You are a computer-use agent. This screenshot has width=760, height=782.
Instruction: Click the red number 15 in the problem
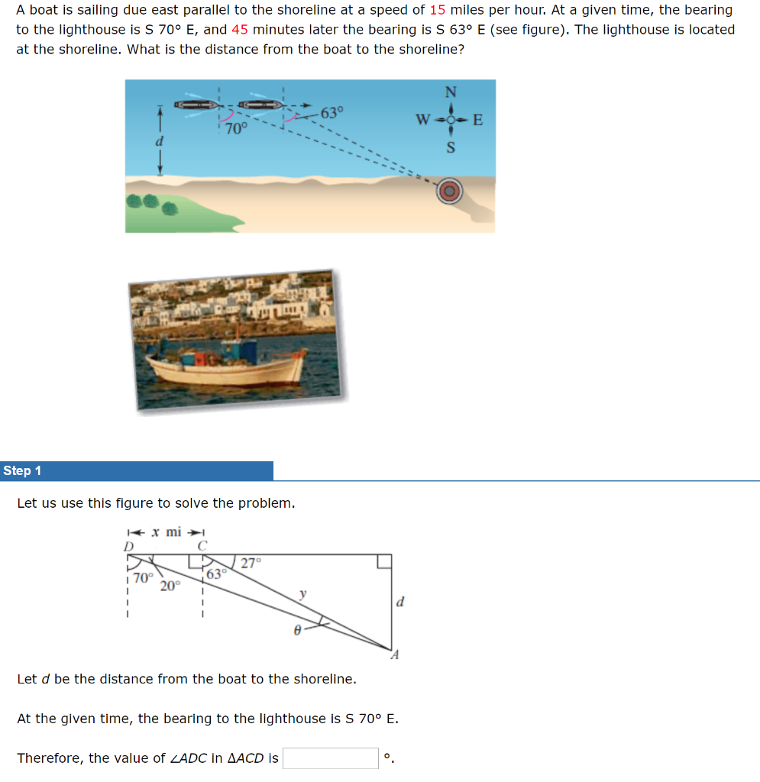tap(438, 10)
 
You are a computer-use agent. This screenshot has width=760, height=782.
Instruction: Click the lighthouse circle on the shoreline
tap(450, 191)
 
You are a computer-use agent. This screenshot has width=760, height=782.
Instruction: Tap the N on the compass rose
tap(451, 92)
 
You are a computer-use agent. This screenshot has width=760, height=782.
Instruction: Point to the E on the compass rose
tap(479, 120)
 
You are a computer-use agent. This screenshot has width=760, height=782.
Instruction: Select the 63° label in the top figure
tap(332, 113)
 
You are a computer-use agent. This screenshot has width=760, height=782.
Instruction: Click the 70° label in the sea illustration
tap(237, 129)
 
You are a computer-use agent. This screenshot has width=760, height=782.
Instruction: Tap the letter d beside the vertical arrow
tap(160, 142)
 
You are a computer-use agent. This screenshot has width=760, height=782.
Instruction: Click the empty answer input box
tap(331, 758)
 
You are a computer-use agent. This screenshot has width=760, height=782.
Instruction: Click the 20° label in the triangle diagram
tap(170, 586)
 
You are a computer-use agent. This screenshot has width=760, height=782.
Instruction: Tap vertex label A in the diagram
tap(395, 655)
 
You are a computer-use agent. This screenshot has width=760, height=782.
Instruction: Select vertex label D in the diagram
tap(128, 546)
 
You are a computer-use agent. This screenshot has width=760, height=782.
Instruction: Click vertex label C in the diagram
tap(202, 546)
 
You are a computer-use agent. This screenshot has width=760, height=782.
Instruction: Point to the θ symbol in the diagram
tap(299, 630)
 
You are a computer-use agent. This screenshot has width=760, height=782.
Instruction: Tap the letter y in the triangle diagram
tap(303, 593)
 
